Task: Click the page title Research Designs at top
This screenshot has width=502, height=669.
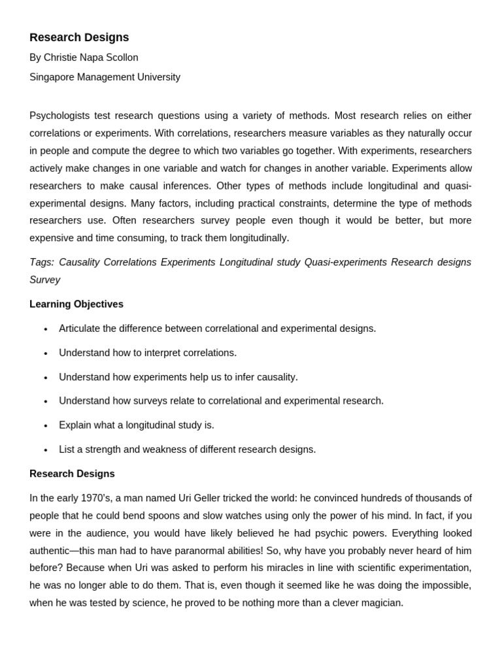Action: click(79, 37)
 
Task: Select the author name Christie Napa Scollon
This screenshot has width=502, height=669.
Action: click(91, 57)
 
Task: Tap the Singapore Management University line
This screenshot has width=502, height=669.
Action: click(105, 77)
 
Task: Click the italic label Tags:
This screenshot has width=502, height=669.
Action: click(41, 262)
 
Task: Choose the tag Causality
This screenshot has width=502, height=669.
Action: click(79, 262)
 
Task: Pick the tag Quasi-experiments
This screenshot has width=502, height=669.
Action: click(345, 262)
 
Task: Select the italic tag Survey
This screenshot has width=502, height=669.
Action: click(44, 280)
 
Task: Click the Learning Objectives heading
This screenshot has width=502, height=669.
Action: click(76, 304)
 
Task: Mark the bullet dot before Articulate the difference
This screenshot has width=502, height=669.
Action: click(46, 329)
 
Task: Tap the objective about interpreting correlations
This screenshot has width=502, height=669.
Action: click(148, 353)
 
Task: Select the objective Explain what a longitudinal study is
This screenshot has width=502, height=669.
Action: click(137, 425)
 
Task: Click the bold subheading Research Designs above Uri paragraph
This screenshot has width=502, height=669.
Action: click(72, 474)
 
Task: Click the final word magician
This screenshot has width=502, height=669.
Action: click(380, 603)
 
